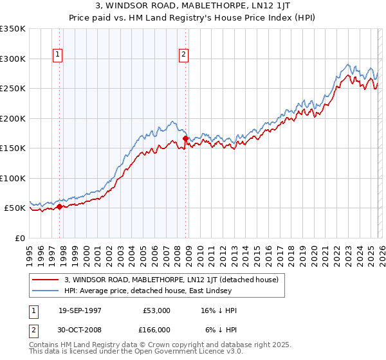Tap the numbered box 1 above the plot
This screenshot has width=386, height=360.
(58, 55)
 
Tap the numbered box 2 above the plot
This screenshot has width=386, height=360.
(183, 55)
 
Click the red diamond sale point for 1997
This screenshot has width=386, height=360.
(60, 206)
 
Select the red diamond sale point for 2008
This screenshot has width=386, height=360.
(185, 138)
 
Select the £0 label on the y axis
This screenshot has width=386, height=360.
(19, 238)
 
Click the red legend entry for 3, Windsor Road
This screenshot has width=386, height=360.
(171, 280)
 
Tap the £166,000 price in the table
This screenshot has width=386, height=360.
(156, 330)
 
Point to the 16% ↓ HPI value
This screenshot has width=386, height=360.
(219, 310)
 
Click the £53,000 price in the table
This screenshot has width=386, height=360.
(157, 310)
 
